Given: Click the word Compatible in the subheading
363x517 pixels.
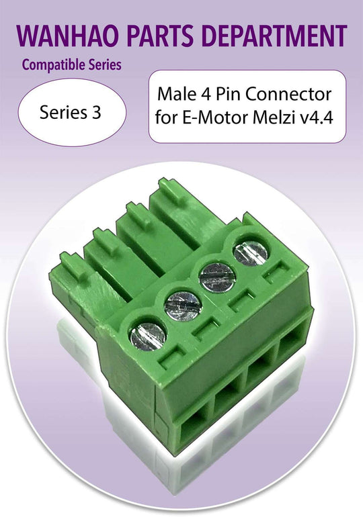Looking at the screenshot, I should [51, 66].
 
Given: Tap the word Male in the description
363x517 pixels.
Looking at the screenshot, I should [174, 94].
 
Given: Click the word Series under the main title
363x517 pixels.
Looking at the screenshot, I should [102, 66].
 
